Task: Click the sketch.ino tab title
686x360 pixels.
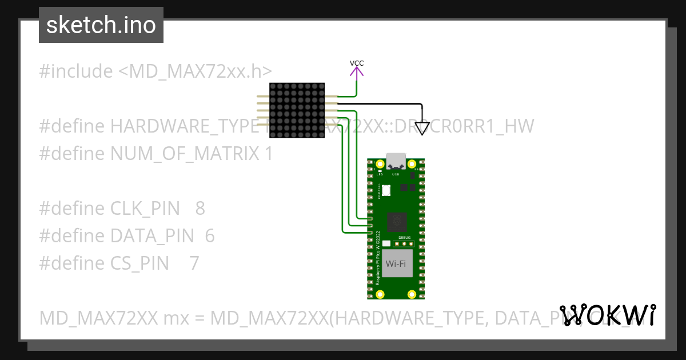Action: (x=101, y=25)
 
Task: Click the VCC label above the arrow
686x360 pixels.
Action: (x=357, y=63)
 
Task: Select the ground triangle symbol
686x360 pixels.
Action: (x=422, y=128)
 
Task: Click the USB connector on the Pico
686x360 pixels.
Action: (x=396, y=161)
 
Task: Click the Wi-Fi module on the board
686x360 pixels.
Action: (x=397, y=263)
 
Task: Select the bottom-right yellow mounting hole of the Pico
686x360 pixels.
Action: (x=412, y=294)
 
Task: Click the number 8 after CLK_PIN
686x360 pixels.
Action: (x=200, y=209)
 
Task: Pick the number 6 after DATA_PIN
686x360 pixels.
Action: (x=209, y=236)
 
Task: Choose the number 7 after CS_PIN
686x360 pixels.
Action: (x=194, y=263)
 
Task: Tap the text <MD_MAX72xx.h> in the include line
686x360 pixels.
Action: (x=195, y=71)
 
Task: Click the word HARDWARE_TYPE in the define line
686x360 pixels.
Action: (x=179, y=126)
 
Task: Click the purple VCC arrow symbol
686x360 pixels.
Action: (x=357, y=73)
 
